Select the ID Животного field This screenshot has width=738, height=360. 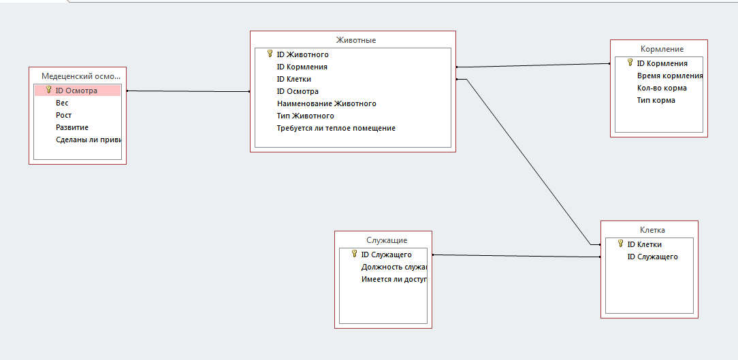pos(302,54)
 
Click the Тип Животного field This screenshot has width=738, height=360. pos(305,116)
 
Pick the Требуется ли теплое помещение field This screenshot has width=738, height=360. pos(336,128)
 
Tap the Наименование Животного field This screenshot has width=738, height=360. pos(326,103)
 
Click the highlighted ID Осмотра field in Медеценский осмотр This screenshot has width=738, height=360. pos(76,91)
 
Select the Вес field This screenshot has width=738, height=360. pos(62,103)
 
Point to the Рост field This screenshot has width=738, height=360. pos(63,115)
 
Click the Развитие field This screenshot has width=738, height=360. pos(72,127)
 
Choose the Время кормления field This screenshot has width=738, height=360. pos(669,76)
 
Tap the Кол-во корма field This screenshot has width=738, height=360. pos(662,88)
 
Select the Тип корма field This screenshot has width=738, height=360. pos(656,100)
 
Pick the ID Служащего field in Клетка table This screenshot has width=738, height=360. pos(652,257)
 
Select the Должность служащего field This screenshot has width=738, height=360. pos(394,267)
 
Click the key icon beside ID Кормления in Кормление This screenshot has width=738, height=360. pos(630,63)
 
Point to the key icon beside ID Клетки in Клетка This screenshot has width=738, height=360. pos(620,244)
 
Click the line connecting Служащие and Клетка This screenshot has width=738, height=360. pos(517,256)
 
